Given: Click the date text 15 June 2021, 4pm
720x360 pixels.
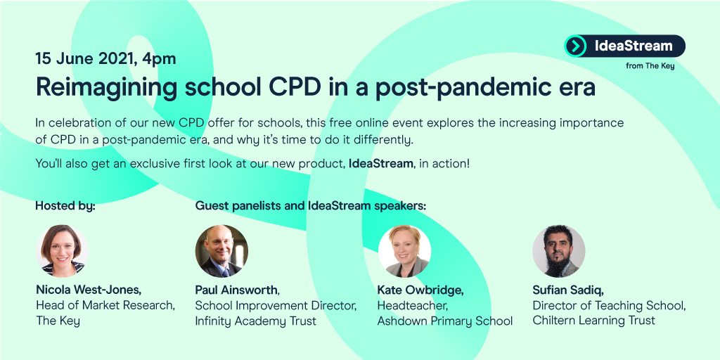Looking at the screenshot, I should point(105,58).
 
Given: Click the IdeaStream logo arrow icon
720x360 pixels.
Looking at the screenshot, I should point(576,46).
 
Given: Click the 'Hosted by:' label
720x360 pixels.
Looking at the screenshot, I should point(65,206).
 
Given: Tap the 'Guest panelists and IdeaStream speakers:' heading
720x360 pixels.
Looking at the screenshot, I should point(311,206).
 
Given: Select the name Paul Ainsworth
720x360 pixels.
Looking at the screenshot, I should point(237,289).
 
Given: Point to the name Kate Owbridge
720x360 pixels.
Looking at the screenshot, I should point(420,289).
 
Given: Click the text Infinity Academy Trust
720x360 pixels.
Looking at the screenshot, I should point(255,321).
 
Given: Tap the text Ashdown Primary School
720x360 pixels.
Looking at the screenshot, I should point(444,321).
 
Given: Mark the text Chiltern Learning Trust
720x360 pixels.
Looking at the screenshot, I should point(593,321).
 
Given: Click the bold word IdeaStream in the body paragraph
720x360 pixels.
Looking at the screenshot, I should point(380,164).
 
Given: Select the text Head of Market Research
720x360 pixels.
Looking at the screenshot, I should point(105,304).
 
